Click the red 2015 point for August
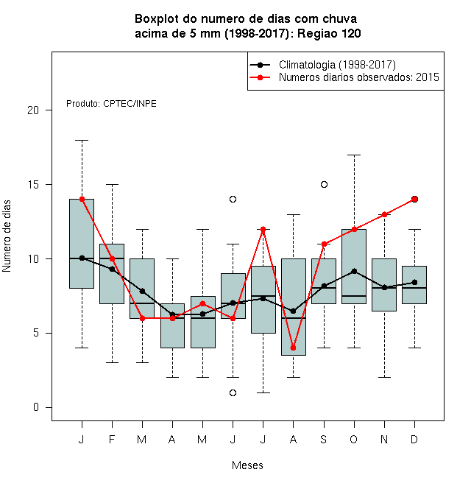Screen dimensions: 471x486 click(x=293, y=348)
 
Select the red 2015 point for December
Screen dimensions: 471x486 click(x=414, y=199)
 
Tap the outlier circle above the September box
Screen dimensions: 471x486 click(x=324, y=184)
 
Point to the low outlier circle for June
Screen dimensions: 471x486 click(x=233, y=392)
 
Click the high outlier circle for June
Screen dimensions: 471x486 click(x=233, y=199)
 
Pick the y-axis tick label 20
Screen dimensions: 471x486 click(x=33, y=110)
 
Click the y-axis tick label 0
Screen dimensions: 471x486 click(x=36, y=407)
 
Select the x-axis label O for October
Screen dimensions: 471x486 click(x=354, y=439)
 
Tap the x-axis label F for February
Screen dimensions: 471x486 click(x=112, y=439)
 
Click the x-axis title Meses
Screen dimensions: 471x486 click(x=247, y=465)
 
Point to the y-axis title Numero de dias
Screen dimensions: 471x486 click(x=7, y=236)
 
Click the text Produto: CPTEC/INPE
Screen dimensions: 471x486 click(x=111, y=104)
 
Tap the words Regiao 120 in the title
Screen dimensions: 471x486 click(x=329, y=33)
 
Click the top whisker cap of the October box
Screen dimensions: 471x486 click(x=354, y=155)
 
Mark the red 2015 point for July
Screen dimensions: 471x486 click(x=263, y=229)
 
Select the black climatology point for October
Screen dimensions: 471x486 click(x=354, y=271)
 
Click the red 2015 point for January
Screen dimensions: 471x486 click(x=82, y=199)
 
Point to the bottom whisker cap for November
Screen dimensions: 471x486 click(x=385, y=377)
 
